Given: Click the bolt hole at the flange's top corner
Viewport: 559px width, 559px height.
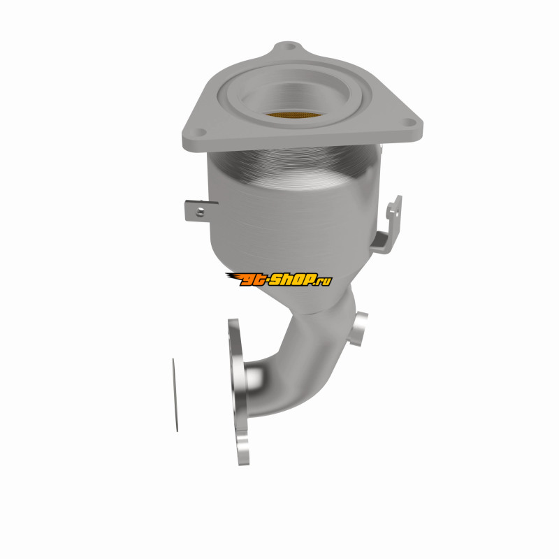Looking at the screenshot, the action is [290, 47].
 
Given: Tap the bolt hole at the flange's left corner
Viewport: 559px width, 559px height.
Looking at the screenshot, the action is [200, 133].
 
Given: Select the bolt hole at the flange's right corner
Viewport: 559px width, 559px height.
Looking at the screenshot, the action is [409, 123].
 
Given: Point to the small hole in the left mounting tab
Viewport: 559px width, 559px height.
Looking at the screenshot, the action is [200, 212].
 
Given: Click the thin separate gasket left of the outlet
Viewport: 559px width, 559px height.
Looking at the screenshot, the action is [175, 395].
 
